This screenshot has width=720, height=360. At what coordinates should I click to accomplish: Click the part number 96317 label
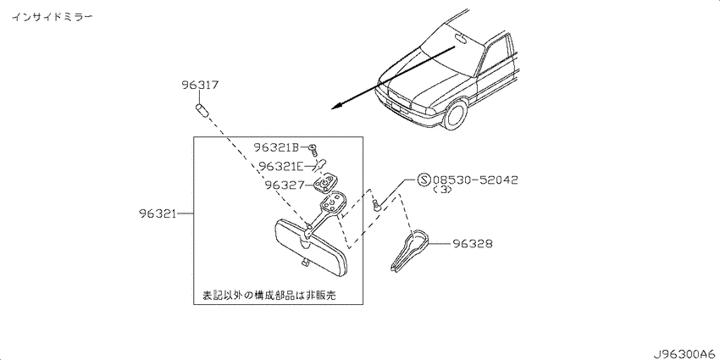pos(200,85)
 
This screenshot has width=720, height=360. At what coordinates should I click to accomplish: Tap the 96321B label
pos(277,147)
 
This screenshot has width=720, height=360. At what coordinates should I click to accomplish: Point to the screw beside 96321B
pos(313,150)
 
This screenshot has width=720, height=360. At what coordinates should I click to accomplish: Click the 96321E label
pos(280,166)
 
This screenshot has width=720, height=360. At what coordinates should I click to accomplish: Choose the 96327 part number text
pos(285,185)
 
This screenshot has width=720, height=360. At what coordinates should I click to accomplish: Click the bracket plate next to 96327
pos(325,183)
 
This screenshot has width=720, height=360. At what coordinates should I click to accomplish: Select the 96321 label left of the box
pos(158,214)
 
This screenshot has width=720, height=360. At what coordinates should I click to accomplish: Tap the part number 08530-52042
pos(475,180)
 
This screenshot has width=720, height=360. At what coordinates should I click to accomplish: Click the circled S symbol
pos(424,180)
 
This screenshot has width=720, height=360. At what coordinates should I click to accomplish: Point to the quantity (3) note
pos(443,190)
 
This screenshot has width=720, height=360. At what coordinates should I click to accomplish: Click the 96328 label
pos(473,243)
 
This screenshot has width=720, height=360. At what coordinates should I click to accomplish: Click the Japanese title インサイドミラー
pos(52,17)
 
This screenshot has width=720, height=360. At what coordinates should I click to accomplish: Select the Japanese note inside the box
pos(269,295)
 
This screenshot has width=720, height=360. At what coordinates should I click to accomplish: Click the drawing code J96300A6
pos(684,354)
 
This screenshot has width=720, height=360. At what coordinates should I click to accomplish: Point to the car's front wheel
pos(455,115)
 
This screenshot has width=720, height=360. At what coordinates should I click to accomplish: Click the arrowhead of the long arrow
pos(336,106)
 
